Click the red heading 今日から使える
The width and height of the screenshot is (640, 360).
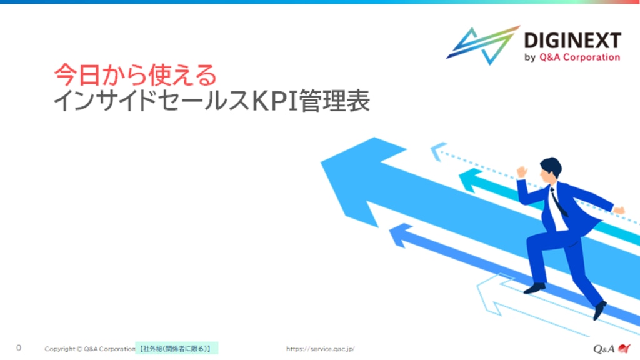point(136,75)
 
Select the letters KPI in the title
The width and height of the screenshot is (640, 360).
point(276,101)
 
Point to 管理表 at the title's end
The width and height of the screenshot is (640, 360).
point(335,101)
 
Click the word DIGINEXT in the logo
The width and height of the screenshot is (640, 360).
point(572,41)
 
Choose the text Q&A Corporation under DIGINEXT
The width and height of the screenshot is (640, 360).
point(579,57)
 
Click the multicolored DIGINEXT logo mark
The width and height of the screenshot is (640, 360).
point(483,45)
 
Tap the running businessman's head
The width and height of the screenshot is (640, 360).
point(550,169)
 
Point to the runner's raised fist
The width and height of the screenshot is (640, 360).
point(521,172)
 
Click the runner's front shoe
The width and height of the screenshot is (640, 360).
point(534,288)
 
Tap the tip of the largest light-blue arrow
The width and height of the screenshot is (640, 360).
point(322,162)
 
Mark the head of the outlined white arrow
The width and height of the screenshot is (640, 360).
point(488,294)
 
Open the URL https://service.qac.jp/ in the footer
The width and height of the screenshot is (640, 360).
point(321,349)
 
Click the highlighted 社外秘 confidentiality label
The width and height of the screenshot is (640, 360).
point(176,349)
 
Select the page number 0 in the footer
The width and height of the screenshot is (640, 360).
point(18,347)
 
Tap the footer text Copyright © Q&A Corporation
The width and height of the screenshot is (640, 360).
point(90,349)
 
